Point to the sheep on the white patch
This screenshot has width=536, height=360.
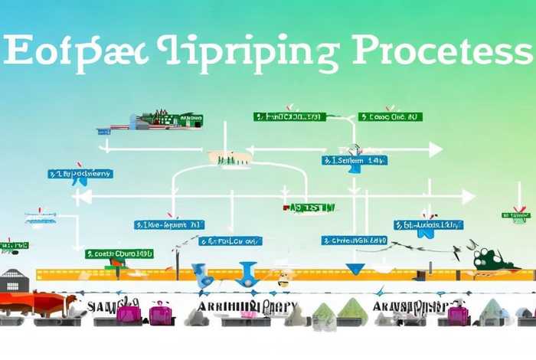230,157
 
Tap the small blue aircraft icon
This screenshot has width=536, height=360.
40,220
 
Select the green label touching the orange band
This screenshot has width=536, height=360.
119,253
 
